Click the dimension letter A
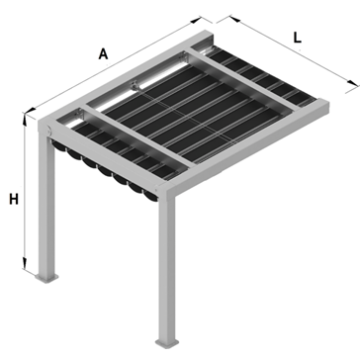pos(103,53)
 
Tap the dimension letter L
pos(298,38)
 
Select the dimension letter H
pos(14,199)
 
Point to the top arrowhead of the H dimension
pos(25,118)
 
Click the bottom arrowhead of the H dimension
pos(25,264)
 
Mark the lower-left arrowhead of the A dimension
pos(31,110)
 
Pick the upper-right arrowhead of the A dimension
pos(196,20)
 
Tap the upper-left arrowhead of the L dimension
pos(234,19)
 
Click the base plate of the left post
pos(46,278)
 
